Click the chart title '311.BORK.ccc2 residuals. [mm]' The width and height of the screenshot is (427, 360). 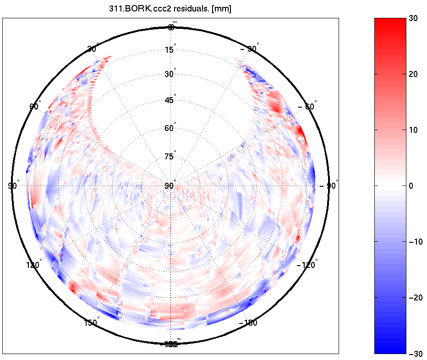pyautogui.click(x=170, y=9)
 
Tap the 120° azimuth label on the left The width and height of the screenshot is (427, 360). pyautogui.click(x=34, y=265)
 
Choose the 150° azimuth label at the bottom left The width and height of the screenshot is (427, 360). pyautogui.click(x=91, y=323)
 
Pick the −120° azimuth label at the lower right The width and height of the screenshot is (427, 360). pyautogui.click(x=306, y=265)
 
